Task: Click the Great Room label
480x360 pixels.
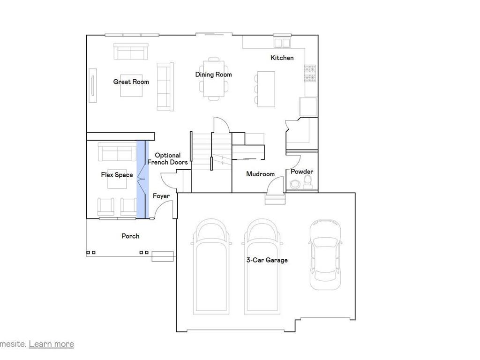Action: point(131,82)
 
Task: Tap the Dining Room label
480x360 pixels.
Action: point(213,75)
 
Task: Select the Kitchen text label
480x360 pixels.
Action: point(282,58)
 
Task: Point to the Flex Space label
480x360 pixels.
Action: point(117,175)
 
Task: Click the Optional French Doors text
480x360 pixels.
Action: point(167,159)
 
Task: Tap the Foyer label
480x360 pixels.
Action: point(161,196)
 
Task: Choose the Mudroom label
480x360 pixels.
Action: point(261,174)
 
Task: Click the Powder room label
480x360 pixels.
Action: point(302,172)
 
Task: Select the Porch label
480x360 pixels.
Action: point(130,236)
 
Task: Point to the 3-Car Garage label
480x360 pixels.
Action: point(267,260)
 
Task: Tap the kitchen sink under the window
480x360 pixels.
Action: point(282,43)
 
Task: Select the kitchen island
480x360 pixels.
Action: point(265,89)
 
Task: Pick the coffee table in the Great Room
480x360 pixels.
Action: point(131,87)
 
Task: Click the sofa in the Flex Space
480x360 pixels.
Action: point(114,152)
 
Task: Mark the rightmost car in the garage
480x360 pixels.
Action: point(325,255)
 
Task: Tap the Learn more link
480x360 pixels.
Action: point(51,344)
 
